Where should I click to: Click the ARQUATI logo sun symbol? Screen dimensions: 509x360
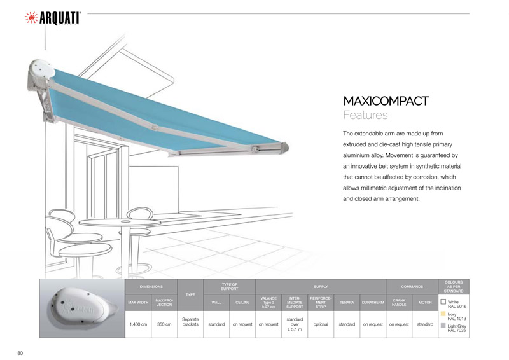click(x=31, y=18)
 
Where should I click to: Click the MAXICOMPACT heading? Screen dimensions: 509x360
click(x=386, y=101)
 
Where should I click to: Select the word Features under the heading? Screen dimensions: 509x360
click(x=365, y=115)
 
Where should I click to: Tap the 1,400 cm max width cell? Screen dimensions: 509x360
click(x=138, y=324)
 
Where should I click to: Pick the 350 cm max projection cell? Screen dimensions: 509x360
click(x=164, y=324)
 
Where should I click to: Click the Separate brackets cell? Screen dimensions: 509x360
click(x=190, y=322)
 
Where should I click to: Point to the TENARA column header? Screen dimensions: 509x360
click(x=347, y=302)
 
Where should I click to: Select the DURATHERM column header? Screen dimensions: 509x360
click(x=373, y=302)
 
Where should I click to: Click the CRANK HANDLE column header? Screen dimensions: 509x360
click(x=399, y=302)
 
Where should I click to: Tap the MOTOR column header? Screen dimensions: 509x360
click(x=425, y=302)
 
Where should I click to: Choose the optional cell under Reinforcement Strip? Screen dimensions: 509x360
click(x=321, y=324)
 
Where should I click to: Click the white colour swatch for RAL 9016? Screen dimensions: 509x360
click(x=443, y=301)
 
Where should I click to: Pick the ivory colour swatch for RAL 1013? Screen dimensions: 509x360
click(x=443, y=314)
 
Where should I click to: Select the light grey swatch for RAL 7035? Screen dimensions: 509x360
click(x=443, y=326)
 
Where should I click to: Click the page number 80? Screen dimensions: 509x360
click(x=20, y=353)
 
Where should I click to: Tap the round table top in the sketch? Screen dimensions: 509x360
click(x=120, y=222)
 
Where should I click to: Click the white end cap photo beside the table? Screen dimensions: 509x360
click(x=82, y=308)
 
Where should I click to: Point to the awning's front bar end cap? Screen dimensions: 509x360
click(x=284, y=147)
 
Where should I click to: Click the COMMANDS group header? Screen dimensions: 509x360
click(x=412, y=287)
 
